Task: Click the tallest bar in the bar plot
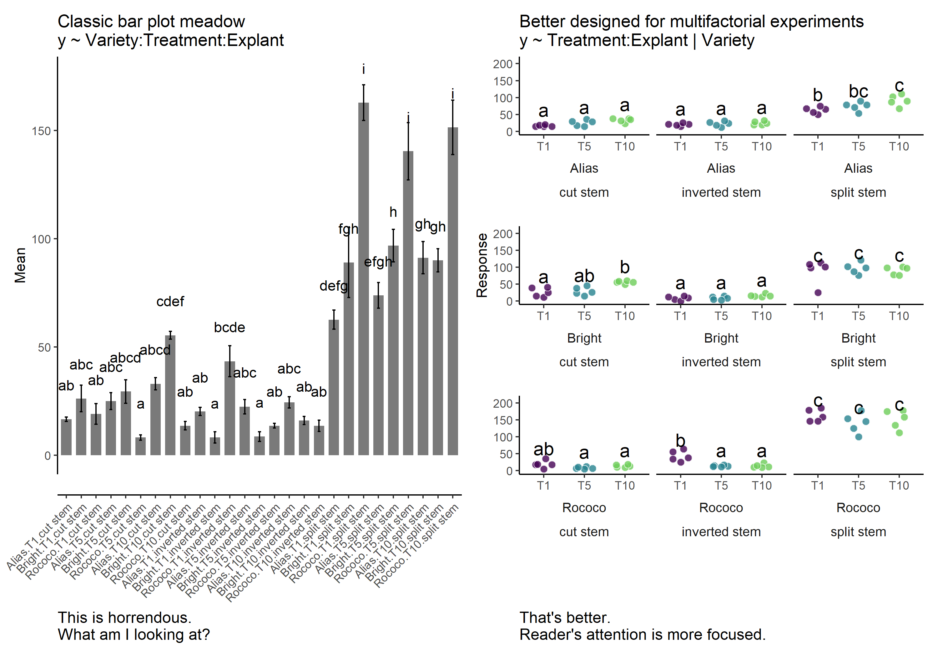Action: tap(363, 278)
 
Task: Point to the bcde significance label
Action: tap(229, 328)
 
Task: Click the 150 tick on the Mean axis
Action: tap(41, 131)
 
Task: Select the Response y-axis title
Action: tap(482, 265)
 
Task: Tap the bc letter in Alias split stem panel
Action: tap(858, 92)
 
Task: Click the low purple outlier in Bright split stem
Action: tap(818, 293)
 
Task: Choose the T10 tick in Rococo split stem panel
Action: tap(899, 485)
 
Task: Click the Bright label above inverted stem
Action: tap(721, 338)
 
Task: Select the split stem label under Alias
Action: tap(858, 192)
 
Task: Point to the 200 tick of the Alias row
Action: tap(502, 64)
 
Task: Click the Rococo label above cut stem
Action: tap(584, 508)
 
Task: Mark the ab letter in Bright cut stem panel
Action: tap(584, 276)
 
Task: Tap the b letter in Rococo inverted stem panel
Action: tap(680, 441)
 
